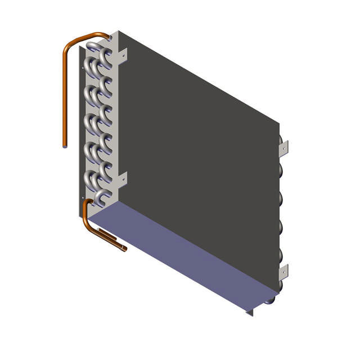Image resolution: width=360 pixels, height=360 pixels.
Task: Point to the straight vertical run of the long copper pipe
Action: pos(65,96)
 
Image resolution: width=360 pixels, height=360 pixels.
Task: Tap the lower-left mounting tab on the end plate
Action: pos(122,179)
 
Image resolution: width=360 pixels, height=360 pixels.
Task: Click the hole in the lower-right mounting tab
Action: pos(286,273)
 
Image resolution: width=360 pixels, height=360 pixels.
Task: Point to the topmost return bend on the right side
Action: pos(280,141)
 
